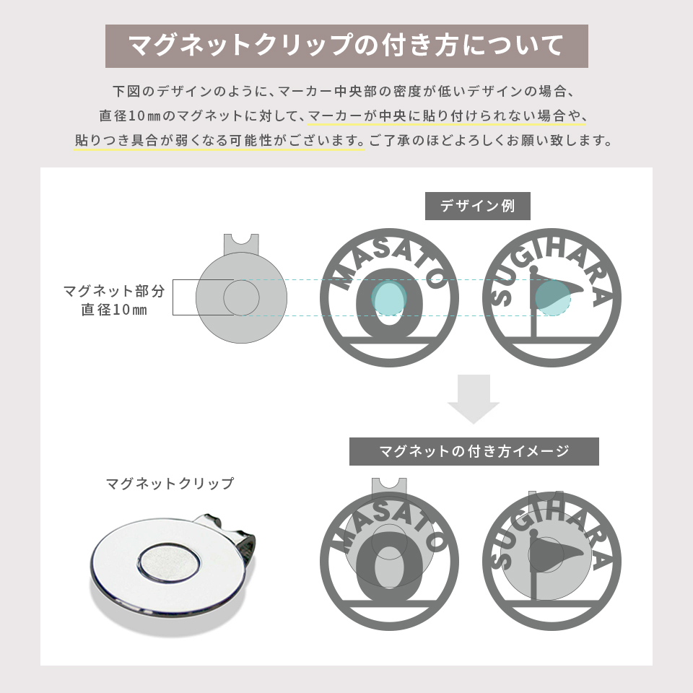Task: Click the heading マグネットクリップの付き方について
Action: (x=346, y=45)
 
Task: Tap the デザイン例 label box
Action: (x=477, y=206)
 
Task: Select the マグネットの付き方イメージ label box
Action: (x=474, y=452)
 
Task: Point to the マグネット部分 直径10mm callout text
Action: (x=114, y=300)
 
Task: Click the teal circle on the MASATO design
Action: (x=388, y=297)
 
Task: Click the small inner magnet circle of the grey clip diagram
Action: (x=241, y=297)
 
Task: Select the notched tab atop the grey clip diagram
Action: (x=241, y=244)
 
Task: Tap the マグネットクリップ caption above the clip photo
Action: (x=170, y=484)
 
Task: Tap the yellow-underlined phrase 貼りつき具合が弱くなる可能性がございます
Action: (x=219, y=140)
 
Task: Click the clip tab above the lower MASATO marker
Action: (x=389, y=486)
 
